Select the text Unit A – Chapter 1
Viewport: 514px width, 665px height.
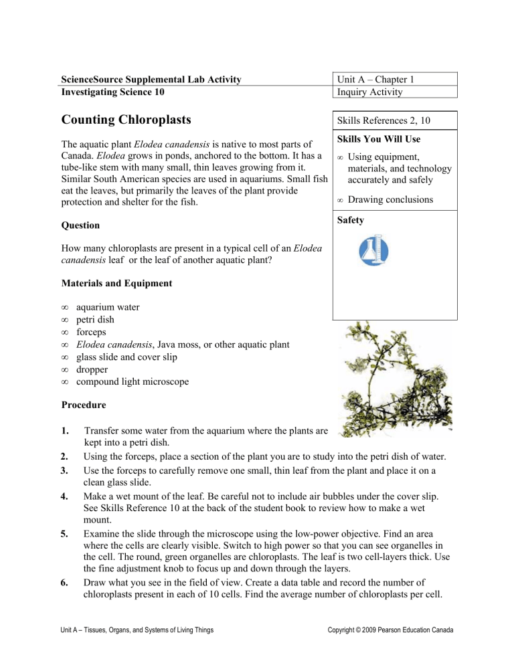pos(379,79)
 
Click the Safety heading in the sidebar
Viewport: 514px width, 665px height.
pos(351,219)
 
